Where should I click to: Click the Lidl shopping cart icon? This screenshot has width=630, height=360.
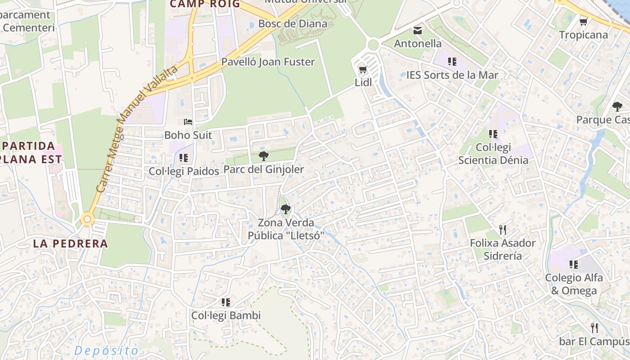(363, 70)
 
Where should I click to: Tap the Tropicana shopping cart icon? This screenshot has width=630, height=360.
(584, 22)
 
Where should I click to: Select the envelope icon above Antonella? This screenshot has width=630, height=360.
(418, 31)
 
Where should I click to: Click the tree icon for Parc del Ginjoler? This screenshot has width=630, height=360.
(264, 157)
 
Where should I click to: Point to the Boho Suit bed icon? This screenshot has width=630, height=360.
(188, 122)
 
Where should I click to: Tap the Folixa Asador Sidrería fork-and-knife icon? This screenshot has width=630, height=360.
(503, 230)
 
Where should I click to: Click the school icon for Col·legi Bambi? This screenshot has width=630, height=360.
(226, 302)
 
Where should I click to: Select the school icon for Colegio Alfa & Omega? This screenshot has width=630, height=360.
(573, 265)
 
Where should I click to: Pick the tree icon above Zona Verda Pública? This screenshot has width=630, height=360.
(285, 209)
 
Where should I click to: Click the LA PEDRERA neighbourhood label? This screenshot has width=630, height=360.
(71, 244)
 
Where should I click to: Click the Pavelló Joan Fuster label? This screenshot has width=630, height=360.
(268, 62)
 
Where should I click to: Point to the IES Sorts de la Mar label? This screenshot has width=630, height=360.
(452, 75)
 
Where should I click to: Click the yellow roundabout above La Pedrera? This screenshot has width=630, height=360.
(87, 220)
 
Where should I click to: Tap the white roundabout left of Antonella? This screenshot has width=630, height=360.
(373, 45)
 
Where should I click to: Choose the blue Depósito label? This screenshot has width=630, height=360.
(107, 351)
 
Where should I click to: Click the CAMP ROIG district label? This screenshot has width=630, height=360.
(204, 4)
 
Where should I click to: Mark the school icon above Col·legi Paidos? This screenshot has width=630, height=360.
(183, 158)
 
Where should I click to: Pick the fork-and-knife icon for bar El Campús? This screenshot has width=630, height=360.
(594, 328)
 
